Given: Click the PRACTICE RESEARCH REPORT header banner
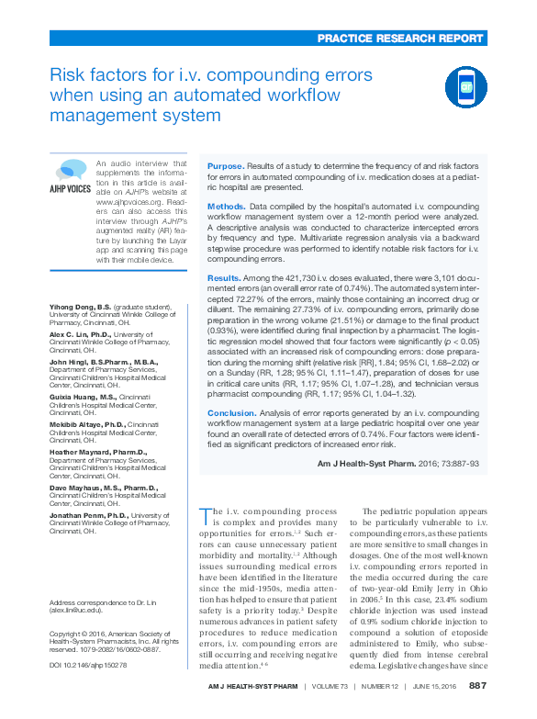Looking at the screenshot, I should tap(400, 39).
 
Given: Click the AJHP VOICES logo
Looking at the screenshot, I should tap(70, 178).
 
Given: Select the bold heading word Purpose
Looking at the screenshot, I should tap(226, 165).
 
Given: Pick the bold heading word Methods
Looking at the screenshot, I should tap(227, 208).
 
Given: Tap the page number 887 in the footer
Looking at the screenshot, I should tap(477, 686).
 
